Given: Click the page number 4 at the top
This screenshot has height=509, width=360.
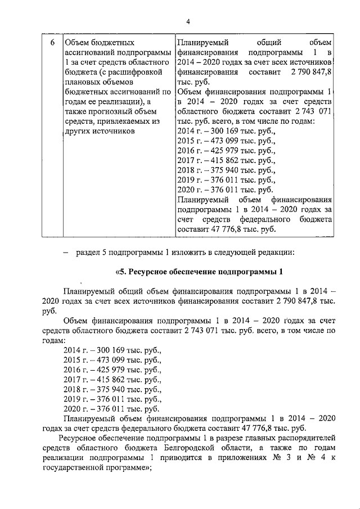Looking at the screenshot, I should (188, 21).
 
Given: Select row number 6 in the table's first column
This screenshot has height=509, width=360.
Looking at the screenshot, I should (52, 43).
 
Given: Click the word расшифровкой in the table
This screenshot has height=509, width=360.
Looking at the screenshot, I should (138, 73).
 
